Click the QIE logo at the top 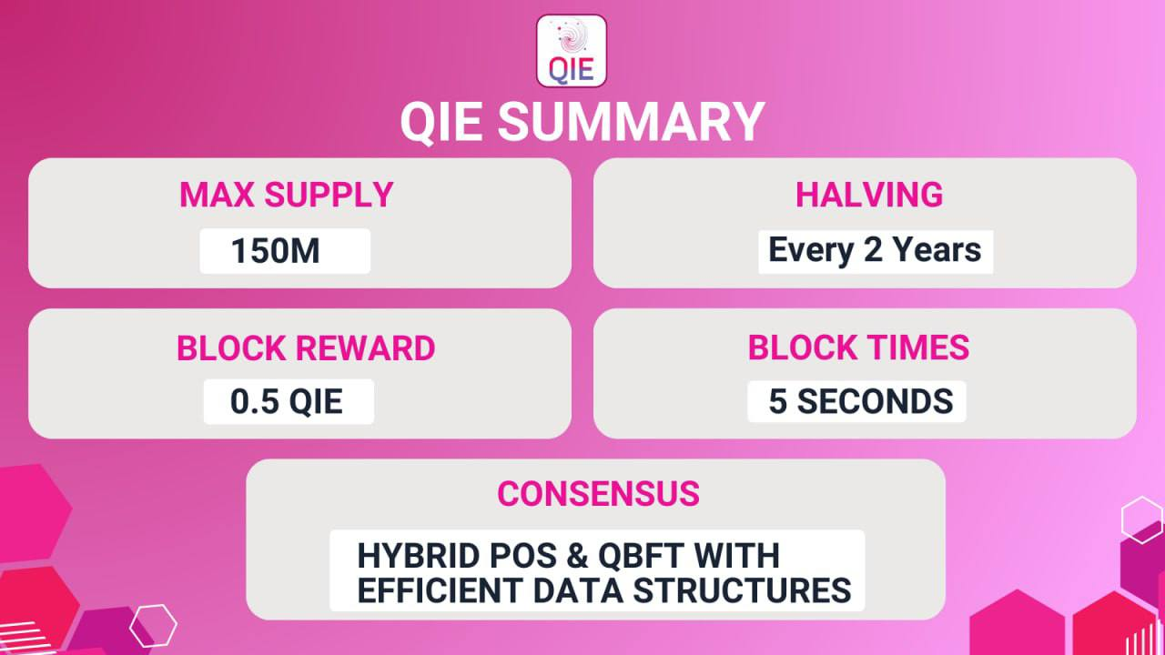571,51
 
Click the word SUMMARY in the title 632,122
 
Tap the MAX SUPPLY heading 286,195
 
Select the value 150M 275,250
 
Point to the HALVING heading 869,195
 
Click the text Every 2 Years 875,250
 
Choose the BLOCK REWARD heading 306,348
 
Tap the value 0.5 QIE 287,401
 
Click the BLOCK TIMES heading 858,347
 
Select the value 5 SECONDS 861,401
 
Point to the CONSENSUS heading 598,493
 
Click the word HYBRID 419,555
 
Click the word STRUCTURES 742,590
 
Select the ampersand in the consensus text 577,555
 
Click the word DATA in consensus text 578,590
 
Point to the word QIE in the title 441,123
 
